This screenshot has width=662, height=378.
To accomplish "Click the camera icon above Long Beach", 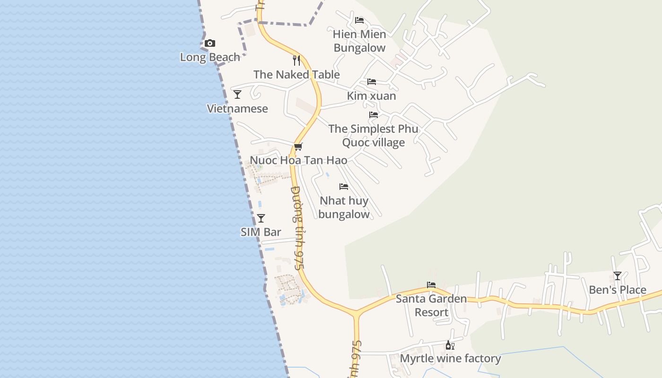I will click(x=210, y=43).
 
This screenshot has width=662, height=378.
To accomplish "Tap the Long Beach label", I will click(x=210, y=57).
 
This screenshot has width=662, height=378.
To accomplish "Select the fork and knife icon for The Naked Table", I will click(x=296, y=60).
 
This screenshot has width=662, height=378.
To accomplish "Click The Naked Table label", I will click(x=296, y=75).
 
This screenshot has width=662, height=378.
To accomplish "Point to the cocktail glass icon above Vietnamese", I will click(x=237, y=94).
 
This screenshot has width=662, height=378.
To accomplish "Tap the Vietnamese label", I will click(x=237, y=109).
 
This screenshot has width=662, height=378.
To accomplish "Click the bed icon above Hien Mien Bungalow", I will click(x=359, y=20).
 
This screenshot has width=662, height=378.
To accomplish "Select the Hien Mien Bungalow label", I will click(x=359, y=41).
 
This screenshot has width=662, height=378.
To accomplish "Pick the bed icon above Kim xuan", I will click(x=372, y=82).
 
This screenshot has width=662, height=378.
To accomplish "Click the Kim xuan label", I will click(x=372, y=96).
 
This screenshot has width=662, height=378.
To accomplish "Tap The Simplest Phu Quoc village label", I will click(x=374, y=136).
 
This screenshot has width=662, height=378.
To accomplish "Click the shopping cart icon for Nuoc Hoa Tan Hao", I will click(x=298, y=147).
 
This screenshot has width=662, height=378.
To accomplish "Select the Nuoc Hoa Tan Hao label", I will click(x=298, y=160).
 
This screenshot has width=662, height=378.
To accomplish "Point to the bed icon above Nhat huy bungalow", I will click(x=344, y=187).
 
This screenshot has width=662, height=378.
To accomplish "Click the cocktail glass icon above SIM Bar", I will click(x=261, y=218).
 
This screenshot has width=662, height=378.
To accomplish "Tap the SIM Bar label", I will click(x=261, y=232).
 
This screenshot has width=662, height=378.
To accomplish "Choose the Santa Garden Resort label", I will click(x=431, y=305).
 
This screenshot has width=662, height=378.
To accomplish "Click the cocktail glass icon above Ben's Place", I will click(x=617, y=276).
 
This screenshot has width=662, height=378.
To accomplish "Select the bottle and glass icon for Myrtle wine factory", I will click(x=450, y=345).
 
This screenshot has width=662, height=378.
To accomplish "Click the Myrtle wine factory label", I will click(x=450, y=359).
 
